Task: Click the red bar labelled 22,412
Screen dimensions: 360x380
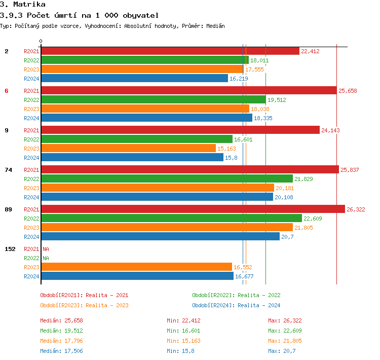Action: point(170,51)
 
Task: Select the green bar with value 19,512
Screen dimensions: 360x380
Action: point(153,100)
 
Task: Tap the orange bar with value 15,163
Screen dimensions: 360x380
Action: point(128,149)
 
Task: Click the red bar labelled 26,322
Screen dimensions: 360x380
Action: point(193,209)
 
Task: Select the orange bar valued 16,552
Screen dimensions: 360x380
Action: point(136,267)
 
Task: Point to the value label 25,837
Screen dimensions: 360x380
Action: point(350,170)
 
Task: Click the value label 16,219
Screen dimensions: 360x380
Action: point(239,79)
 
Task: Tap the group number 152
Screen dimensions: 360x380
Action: point(10,249)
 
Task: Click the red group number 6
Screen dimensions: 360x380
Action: point(7,91)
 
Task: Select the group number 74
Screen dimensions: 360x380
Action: point(8,170)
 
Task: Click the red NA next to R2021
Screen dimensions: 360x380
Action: point(46,249)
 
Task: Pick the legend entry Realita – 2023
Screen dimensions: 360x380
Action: point(84,305)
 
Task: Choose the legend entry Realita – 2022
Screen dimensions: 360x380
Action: point(236,295)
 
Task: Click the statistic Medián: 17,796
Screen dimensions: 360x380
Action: point(61,341)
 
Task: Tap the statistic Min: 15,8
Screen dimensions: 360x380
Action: point(180,351)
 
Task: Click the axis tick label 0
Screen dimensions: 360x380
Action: point(41,42)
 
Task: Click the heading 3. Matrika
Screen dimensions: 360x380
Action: point(23,5)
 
